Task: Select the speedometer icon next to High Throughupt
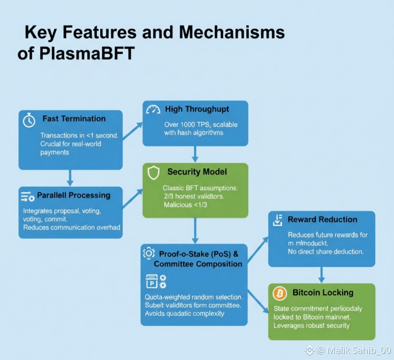(x=153, y=110)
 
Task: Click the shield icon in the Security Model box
(x=153, y=173)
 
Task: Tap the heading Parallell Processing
(x=73, y=195)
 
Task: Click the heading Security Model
(x=197, y=172)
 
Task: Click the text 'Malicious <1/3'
(x=183, y=205)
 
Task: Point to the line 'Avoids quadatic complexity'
(x=184, y=314)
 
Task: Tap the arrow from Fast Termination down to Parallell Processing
(x=70, y=177)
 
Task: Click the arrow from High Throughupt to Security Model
(x=195, y=154)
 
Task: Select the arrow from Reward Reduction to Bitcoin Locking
(x=322, y=275)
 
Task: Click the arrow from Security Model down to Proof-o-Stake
(x=195, y=230)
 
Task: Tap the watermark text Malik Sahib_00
(x=353, y=350)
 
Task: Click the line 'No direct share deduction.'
(x=326, y=251)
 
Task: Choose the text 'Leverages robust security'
(x=311, y=326)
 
